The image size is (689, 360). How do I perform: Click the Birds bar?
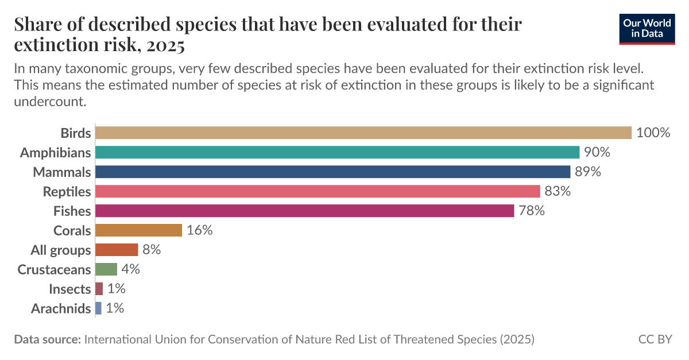click(x=363, y=133)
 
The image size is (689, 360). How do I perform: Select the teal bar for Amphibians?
click(x=337, y=152)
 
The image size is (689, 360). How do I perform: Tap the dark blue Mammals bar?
click(x=332, y=172)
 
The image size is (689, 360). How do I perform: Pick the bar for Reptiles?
click(x=318, y=191)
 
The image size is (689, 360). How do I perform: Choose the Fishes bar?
click(x=304, y=211)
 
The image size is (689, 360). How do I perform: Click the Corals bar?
click(x=138, y=230)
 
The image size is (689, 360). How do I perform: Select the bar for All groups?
click(x=117, y=250)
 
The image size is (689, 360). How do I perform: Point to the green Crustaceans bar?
click(x=106, y=269)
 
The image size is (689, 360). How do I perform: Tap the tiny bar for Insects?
click(x=99, y=289)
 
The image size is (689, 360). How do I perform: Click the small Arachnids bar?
click(x=98, y=308)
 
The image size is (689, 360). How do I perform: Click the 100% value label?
click(x=653, y=133)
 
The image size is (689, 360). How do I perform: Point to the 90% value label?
click(x=597, y=152)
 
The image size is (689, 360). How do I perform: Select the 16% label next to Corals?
click(x=199, y=230)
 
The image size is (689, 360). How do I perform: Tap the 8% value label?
click(x=152, y=250)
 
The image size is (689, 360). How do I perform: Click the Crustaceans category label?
click(x=55, y=269)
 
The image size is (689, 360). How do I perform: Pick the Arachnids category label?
click(x=61, y=308)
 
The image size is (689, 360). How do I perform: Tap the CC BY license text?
click(x=655, y=339)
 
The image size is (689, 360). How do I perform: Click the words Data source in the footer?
click(x=47, y=339)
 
